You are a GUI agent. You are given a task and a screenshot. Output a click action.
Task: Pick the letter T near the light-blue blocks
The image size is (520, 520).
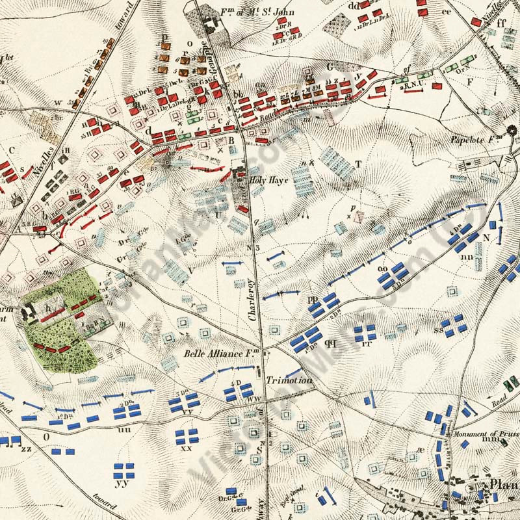click(x=358, y=164)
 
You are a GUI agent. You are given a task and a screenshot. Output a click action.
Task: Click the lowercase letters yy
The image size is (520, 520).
click(x=121, y=484)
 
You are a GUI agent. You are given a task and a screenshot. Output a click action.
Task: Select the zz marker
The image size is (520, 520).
click(x=27, y=448)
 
